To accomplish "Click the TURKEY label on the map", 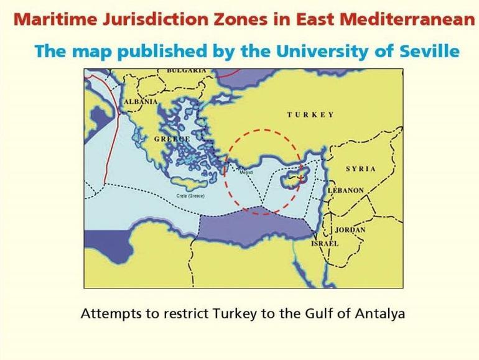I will [x=310, y=115].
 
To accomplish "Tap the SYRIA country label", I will [x=361, y=169].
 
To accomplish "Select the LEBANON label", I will [x=346, y=190].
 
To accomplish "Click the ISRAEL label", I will [x=325, y=244].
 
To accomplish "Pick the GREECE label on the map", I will [x=172, y=139].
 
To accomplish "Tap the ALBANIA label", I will [x=141, y=101].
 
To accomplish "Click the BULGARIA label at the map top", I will [x=187, y=71].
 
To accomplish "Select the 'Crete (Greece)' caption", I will [x=190, y=196].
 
